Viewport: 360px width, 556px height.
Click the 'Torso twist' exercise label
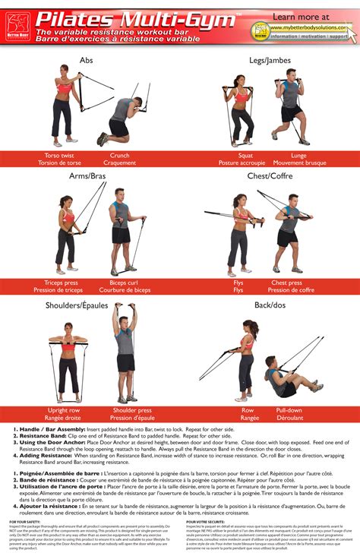coord(58,155)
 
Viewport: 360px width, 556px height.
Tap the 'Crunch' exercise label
coord(119,155)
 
